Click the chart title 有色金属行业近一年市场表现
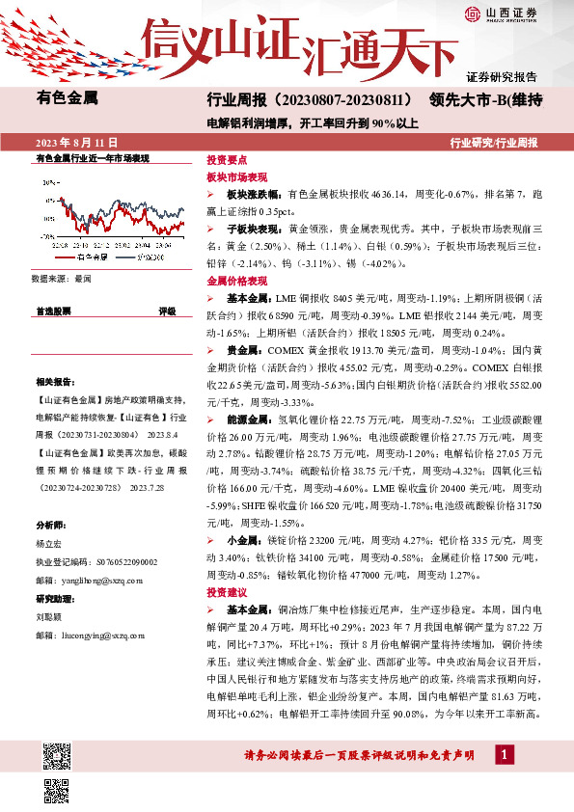(93, 156)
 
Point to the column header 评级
(167, 311)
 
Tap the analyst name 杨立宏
(48, 543)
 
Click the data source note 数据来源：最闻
(61, 278)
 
